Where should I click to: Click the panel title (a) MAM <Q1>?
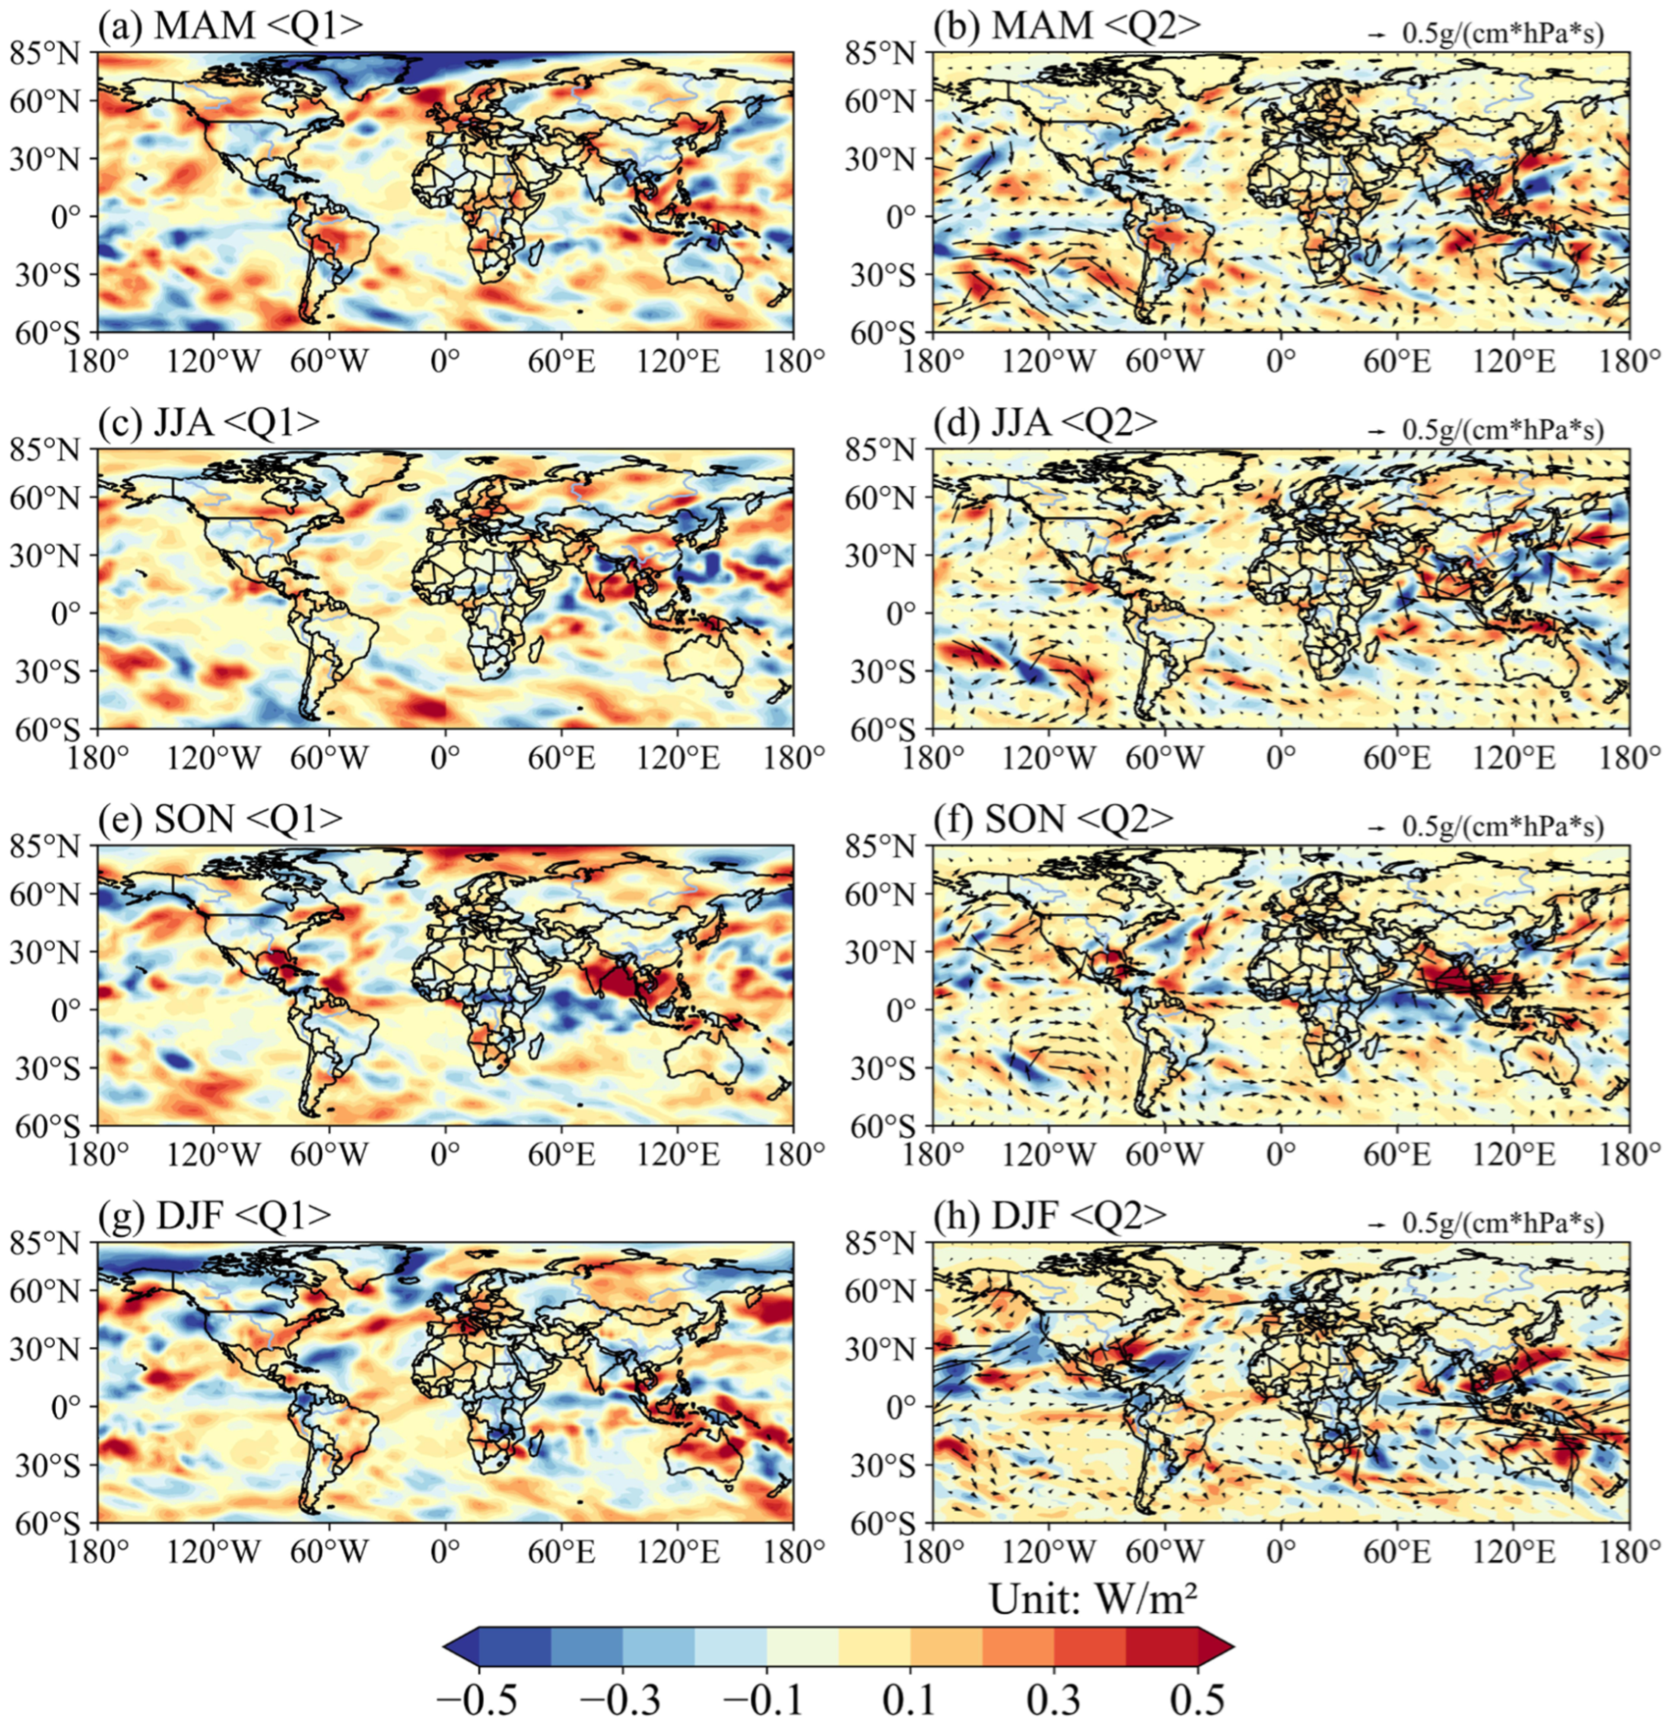[230, 26]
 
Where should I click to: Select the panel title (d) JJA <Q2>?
[1045, 422]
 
